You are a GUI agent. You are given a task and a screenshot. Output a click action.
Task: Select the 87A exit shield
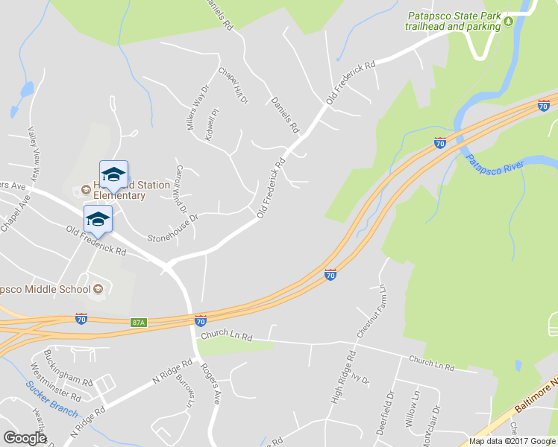[x=138, y=322]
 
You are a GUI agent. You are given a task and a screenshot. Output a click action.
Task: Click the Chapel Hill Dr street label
[x=233, y=85]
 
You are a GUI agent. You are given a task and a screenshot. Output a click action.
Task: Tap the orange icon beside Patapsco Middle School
[x=98, y=289]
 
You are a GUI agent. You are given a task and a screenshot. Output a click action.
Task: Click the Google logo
[x=25, y=438]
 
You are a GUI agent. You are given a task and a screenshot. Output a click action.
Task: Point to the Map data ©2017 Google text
[x=512, y=441]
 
